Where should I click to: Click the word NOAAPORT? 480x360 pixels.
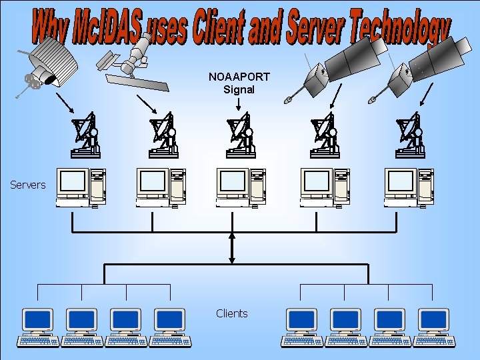point(239,77)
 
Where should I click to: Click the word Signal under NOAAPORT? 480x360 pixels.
point(239,89)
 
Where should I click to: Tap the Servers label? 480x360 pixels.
point(28,185)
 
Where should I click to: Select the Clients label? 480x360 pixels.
point(232,313)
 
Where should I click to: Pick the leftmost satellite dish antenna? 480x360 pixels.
point(85,137)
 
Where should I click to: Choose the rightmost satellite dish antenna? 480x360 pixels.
point(409,137)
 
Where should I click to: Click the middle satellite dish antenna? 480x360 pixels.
point(241,137)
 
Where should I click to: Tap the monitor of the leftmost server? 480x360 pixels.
point(73,181)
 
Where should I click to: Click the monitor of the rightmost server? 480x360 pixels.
point(401,181)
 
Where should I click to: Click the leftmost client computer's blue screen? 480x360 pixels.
point(37,319)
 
